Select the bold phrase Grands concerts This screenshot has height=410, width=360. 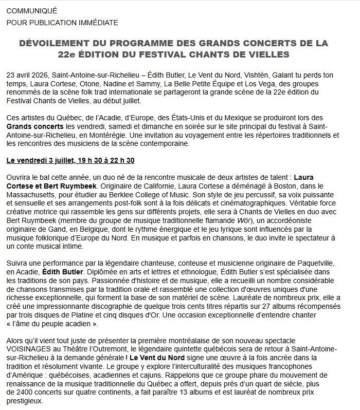point(35,126)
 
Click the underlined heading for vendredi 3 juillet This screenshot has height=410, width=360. point(70,160)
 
